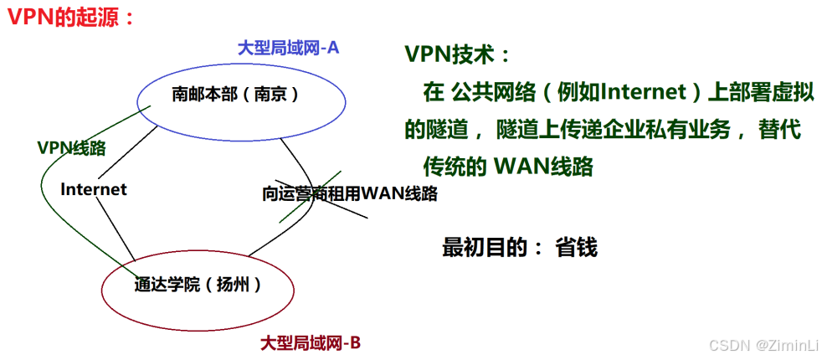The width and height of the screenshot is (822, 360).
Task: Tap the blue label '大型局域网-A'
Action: (x=288, y=48)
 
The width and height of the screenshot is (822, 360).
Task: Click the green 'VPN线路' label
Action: (x=71, y=148)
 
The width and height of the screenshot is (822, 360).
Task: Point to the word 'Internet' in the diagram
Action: (x=94, y=189)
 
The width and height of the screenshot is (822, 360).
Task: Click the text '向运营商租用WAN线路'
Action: (x=349, y=193)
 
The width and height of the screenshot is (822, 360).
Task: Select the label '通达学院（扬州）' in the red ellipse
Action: (x=198, y=285)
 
